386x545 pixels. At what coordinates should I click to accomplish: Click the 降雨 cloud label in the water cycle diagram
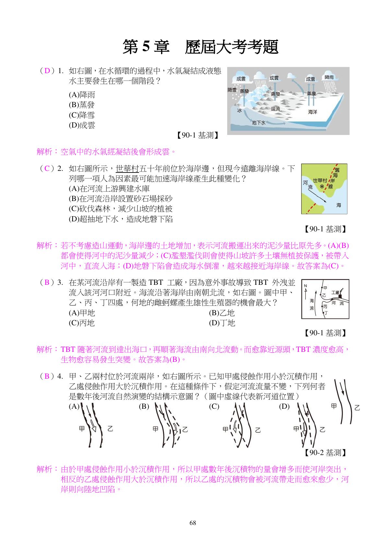[x=329, y=77]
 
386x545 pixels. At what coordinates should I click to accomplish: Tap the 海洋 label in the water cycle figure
[x=312, y=112]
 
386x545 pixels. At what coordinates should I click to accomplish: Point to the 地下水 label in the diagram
[x=259, y=123]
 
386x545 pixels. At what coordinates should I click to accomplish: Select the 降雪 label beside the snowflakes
[x=232, y=90]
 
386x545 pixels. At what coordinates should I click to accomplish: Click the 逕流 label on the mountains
[x=275, y=109]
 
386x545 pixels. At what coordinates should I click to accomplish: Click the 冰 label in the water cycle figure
[x=239, y=110]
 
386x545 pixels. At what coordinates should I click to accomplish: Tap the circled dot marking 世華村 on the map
[x=322, y=187]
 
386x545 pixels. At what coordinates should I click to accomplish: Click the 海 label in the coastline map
[x=339, y=205]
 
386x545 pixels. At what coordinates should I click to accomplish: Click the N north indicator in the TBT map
[x=305, y=285]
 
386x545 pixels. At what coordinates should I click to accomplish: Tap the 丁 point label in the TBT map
[x=326, y=313]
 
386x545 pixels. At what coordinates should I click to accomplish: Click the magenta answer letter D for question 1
[x=48, y=71]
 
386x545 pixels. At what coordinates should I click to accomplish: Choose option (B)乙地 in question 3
[x=222, y=313]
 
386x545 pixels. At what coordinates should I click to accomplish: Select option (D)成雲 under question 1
[x=82, y=125]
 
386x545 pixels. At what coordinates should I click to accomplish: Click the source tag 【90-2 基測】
[x=325, y=452]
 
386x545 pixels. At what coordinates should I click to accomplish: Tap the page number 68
[x=193, y=523]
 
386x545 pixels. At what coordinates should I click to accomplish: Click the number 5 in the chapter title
[x=146, y=47]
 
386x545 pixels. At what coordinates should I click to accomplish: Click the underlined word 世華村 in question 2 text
[x=127, y=168]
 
